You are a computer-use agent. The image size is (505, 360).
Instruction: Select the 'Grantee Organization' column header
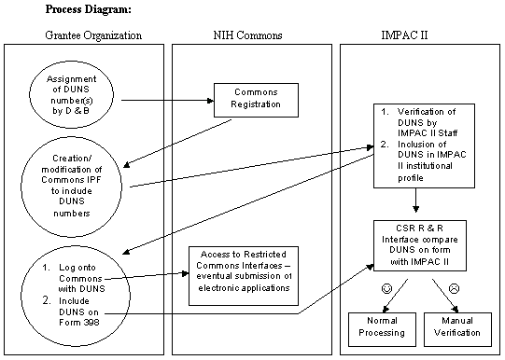93,35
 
